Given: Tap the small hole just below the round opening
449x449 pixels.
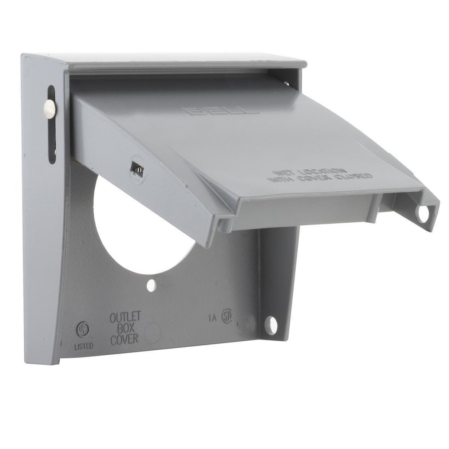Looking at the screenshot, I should coord(152,284).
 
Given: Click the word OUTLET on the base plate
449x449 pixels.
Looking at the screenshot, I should coord(125,317).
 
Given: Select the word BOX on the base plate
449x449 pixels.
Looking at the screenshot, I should coord(125,328).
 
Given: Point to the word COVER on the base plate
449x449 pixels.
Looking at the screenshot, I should coord(124,339).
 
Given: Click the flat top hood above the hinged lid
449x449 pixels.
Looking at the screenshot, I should coord(180,62).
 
